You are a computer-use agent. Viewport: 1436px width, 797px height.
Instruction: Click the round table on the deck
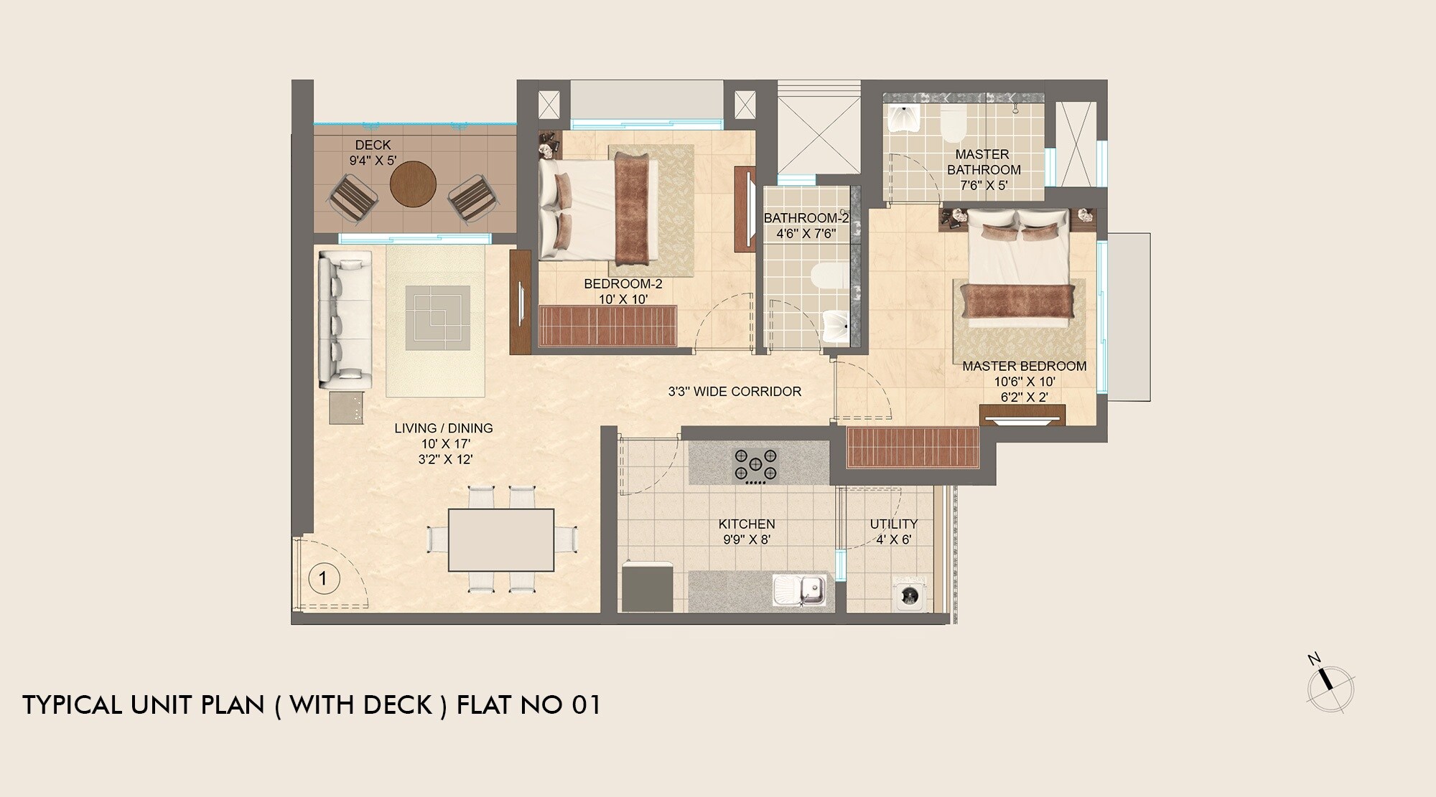tap(413, 184)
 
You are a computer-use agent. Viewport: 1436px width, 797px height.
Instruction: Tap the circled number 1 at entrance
tap(323, 577)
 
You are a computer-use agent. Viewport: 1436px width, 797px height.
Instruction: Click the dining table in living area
tap(500, 539)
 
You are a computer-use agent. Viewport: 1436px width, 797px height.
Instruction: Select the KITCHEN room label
tap(747, 524)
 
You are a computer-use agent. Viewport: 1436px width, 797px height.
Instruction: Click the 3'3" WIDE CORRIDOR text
tap(735, 392)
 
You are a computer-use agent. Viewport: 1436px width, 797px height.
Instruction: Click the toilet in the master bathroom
tap(954, 127)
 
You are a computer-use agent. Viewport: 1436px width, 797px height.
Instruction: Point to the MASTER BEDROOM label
tap(1024, 366)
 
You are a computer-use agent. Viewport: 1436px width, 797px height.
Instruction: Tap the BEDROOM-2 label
tap(623, 284)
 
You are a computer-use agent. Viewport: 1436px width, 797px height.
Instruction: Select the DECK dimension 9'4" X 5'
tap(373, 161)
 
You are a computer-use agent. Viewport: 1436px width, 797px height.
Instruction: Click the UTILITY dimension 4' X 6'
tap(893, 539)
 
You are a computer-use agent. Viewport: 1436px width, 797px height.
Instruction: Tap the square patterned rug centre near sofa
tap(437, 318)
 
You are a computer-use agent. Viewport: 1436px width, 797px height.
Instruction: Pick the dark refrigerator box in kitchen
tap(647, 588)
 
